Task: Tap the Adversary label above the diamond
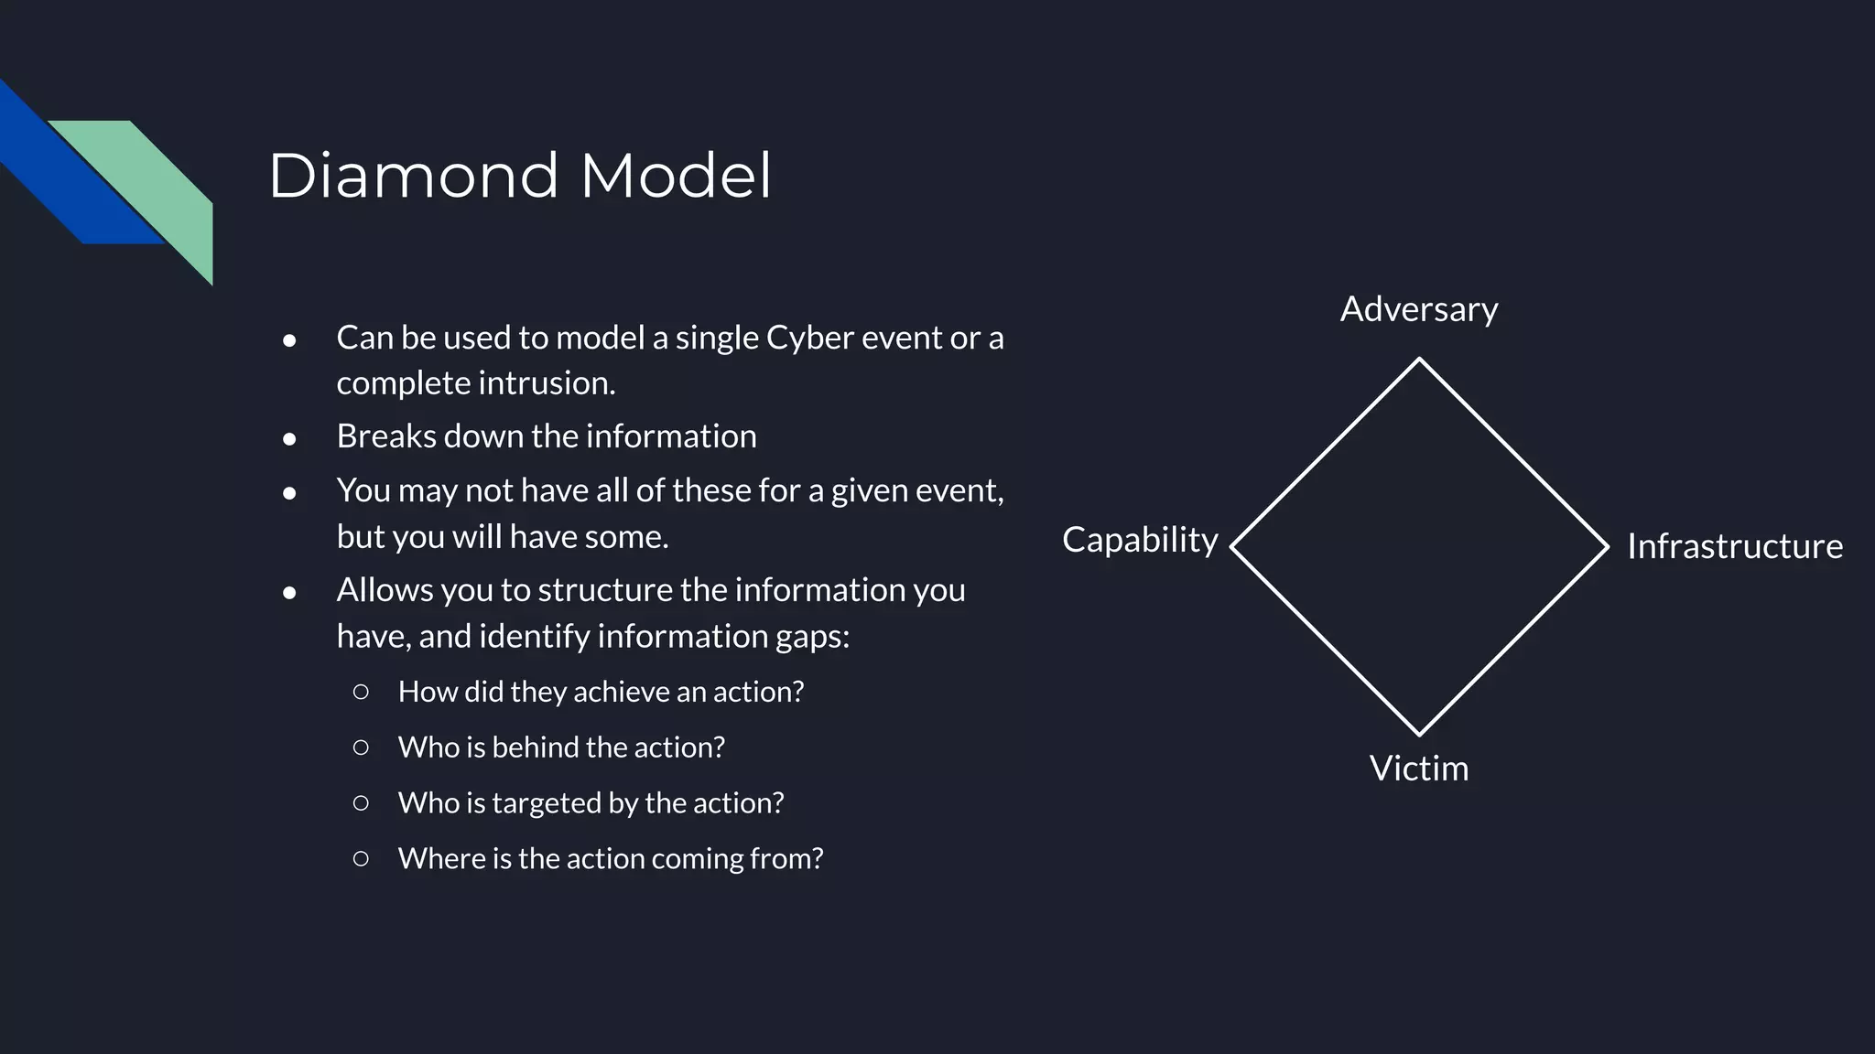(x=1419, y=309)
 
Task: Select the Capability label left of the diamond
(x=1140, y=540)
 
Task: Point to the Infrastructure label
(x=1734, y=546)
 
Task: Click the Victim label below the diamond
(x=1419, y=769)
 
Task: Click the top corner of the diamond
(x=1419, y=360)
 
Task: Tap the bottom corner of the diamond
(x=1419, y=734)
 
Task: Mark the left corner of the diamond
(x=1232, y=547)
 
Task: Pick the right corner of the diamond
(x=1607, y=547)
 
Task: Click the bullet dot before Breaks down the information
(x=289, y=439)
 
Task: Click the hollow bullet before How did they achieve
(x=361, y=692)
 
